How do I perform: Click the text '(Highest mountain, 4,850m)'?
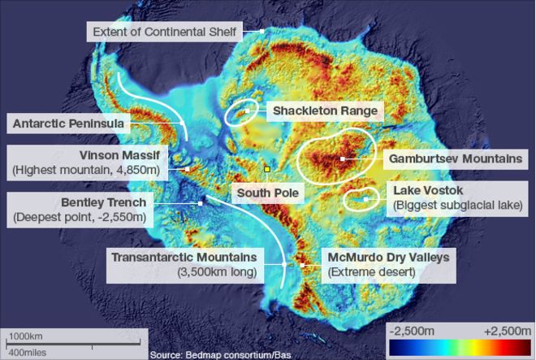click(89, 170)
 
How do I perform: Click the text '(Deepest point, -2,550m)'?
click(80, 217)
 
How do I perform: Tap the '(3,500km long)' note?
click(217, 272)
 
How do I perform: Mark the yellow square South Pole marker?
click(266, 169)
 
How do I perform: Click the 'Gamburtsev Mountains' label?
click(455, 158)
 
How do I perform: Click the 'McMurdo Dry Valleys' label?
click(387, 258)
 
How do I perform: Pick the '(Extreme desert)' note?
click(371, 272)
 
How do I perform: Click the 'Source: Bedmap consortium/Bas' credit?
click(221, 354)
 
